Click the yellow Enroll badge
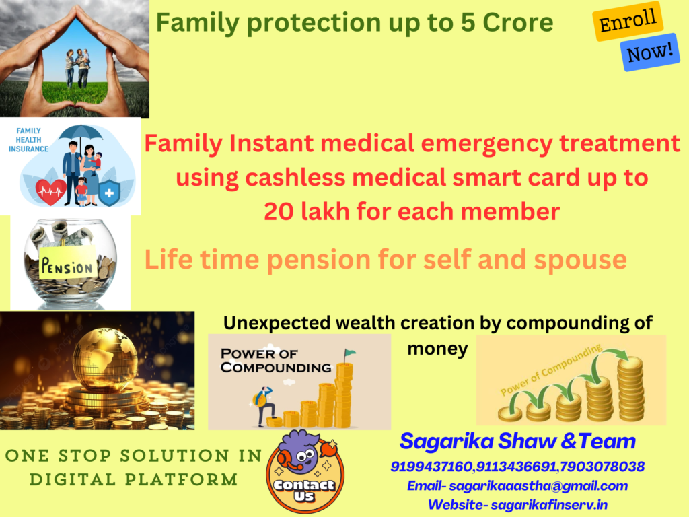pos(628,21)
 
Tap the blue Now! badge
pos(650,52)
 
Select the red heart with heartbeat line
pos(50,192)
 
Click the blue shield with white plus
pos(110,193)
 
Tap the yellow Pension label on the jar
pos(68,263)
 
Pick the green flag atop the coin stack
pos(349,353)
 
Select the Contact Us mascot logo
pos(305,471)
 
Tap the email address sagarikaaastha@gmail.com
pos(538,486)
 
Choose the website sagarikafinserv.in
pos(549,505)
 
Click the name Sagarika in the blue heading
pos(447,442)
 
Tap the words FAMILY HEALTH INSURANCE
pos(28,140)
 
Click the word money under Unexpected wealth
pos(437,349)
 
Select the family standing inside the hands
pos(77,67)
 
